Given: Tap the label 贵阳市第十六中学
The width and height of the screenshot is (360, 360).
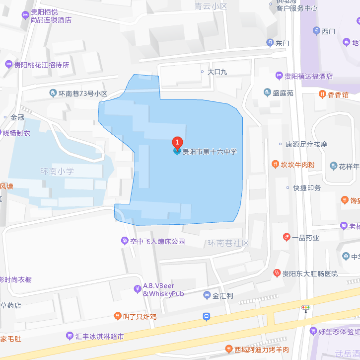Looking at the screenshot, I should [210, 152].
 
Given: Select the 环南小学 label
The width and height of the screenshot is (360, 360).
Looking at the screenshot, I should [57, 172].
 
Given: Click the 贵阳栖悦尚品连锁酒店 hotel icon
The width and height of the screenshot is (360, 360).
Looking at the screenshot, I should [25, 16].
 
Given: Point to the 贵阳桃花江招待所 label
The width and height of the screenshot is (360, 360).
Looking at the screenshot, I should [41, 65].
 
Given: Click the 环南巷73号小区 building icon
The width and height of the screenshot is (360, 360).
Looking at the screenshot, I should [53, 93].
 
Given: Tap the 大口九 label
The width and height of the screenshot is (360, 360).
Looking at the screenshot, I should [217, 72].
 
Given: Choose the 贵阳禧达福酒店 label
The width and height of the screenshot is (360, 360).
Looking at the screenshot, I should [308, 76].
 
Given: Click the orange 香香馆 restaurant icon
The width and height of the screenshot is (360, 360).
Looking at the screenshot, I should [322, 94].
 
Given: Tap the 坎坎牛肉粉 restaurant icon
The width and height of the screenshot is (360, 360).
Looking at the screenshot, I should [275, 164].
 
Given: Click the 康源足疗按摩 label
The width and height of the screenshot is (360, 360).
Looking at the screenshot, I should [306, 144].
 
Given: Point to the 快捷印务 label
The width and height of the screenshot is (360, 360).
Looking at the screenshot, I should [307, 188].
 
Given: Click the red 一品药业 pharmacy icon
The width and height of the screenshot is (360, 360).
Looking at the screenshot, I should [286, 237].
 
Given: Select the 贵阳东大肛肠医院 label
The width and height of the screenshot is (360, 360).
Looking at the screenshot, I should [310, 273].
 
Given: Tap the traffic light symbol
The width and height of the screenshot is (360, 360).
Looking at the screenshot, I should [306, 308].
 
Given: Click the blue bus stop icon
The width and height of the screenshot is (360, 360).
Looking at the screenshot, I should [207, 316].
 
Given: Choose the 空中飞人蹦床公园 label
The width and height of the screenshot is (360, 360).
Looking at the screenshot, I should [157, 241].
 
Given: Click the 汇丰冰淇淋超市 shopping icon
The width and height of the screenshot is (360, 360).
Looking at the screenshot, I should [70, 336].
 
